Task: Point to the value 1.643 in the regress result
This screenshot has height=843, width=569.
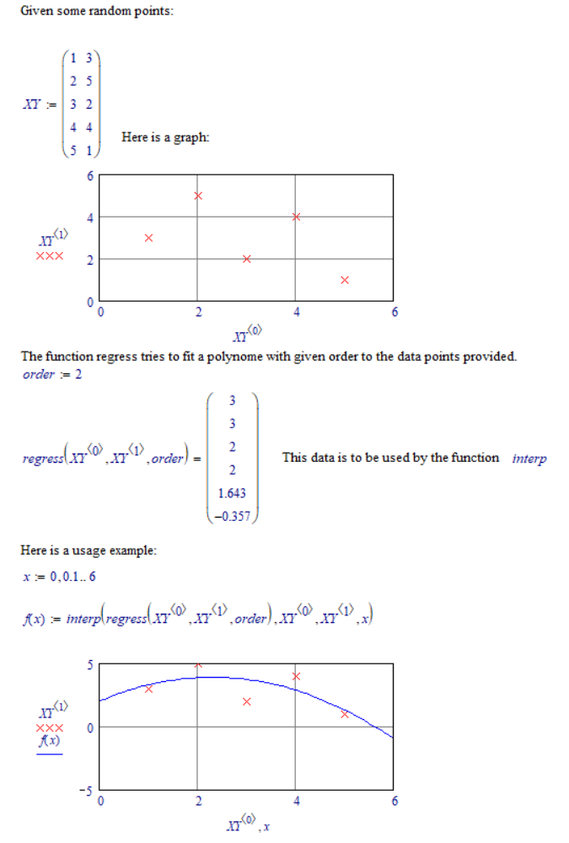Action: click(231, 493)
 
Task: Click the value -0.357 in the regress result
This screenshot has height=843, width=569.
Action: click(230, 516)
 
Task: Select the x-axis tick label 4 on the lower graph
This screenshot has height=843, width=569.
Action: click(296, 802)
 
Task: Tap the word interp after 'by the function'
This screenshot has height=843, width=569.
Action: click(529, 459)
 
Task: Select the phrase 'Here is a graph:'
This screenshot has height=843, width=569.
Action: click(165, 137)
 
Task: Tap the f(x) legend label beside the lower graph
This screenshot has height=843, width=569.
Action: click(49, 740)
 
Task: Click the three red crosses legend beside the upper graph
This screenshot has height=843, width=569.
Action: click(49, 257)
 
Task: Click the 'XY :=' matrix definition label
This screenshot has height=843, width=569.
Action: click(40, 106)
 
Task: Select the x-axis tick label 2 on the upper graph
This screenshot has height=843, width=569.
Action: click(198, 313)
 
